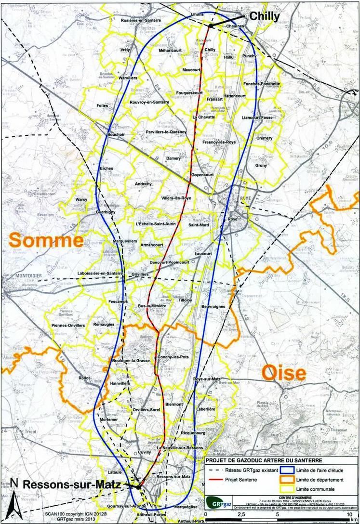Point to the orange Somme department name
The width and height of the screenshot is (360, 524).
click(x=45, y=240)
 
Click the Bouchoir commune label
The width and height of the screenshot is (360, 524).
click(x=116, y=134)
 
